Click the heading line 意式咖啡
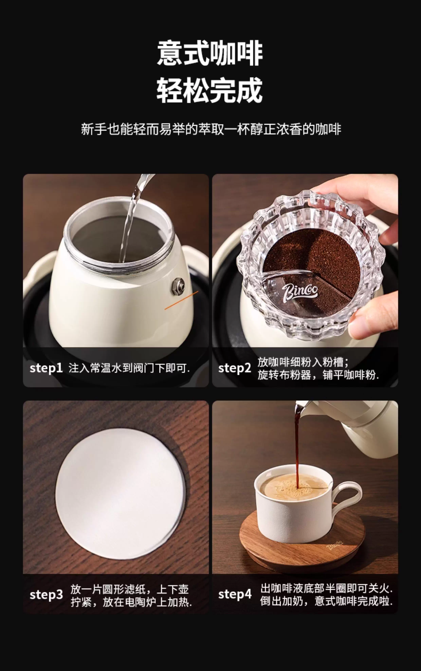click(210, 53)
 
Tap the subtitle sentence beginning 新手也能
click(211, 129)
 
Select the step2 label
click(235, 368)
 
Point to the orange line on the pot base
click(181, 300)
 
